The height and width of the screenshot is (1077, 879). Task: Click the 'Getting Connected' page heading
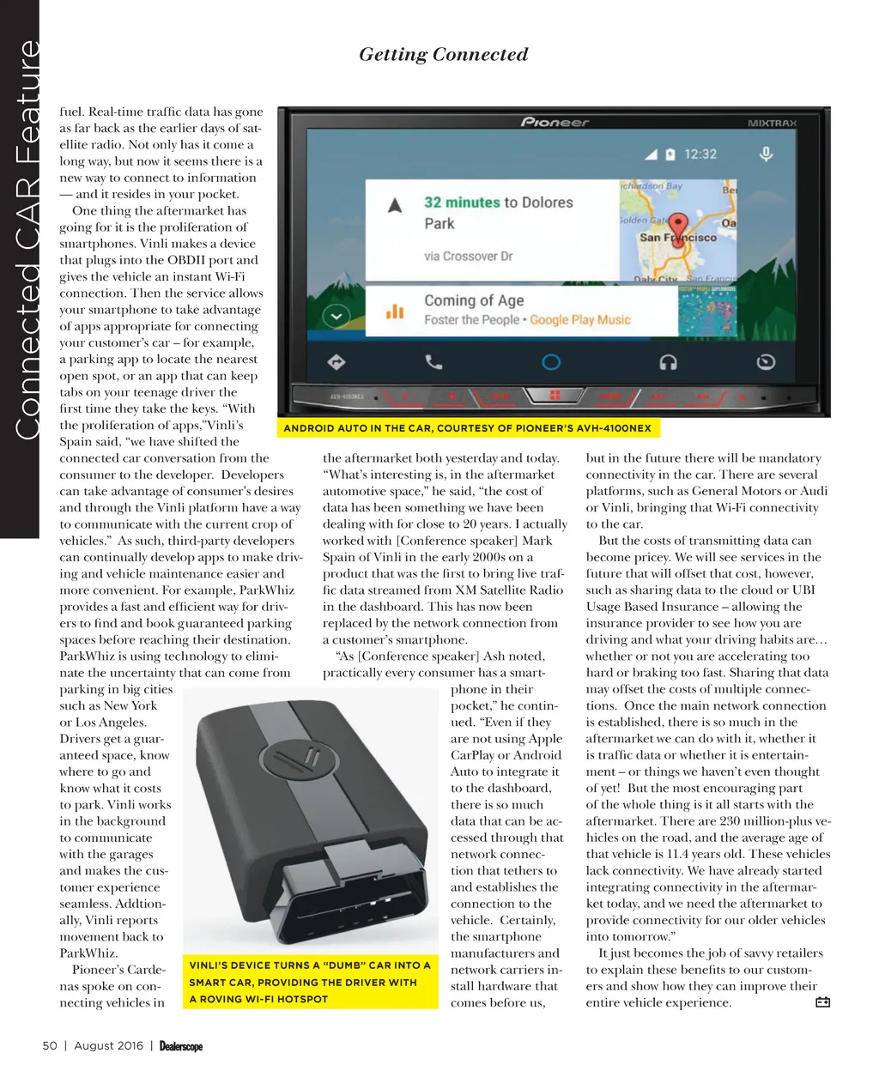click(443, 55)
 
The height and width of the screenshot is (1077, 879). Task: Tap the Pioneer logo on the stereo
click(555, 122)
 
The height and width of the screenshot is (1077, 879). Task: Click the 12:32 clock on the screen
click(700, 154)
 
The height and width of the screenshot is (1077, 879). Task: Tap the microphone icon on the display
click(766, 154)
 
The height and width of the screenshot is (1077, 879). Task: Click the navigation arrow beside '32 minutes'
click(395, 205)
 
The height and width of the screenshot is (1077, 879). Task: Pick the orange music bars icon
click(395, 312)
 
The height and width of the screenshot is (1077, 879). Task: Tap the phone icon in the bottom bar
click(434, 361)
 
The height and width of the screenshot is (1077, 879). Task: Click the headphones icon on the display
click(668, 362)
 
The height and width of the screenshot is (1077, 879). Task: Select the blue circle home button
click(551, 362)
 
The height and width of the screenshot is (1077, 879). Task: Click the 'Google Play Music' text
click(580, 320)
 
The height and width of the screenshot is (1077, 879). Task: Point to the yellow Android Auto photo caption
click(468, 427)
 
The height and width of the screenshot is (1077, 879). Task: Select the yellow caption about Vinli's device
click(310, 982)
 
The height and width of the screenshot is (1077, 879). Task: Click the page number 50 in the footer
click(50, 1045)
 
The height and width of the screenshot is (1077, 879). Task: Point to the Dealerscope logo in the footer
click(181, 1046)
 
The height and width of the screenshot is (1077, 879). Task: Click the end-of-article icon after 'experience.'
click(822, 1002)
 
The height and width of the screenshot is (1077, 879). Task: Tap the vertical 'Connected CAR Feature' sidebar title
click(28, 240)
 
